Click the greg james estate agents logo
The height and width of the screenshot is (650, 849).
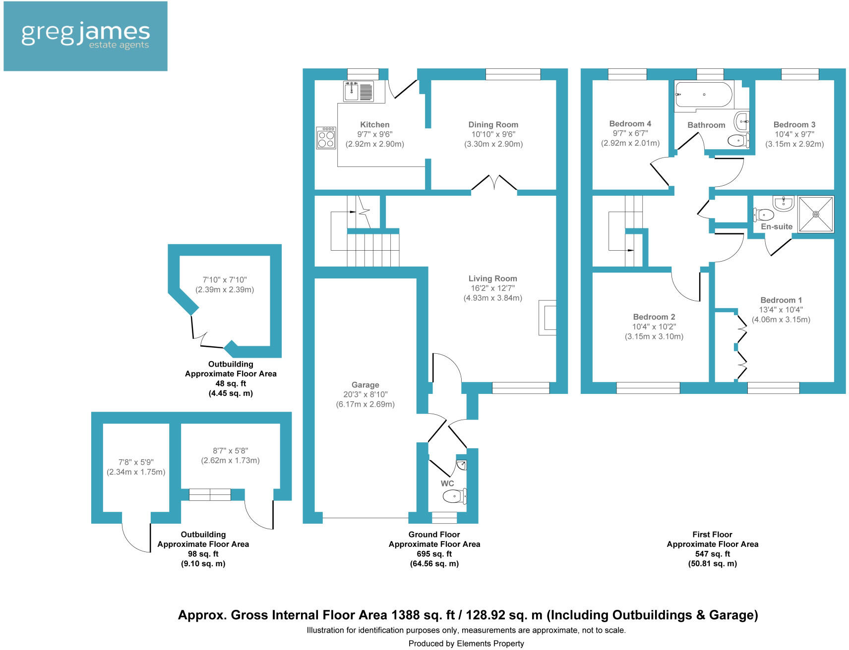coord(85,36)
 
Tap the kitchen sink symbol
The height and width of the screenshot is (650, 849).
coord(358,91)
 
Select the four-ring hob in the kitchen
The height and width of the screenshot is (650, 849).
coord(326,138)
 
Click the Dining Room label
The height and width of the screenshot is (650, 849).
coord(493,125)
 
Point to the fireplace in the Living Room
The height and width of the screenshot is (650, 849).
coord(547,318)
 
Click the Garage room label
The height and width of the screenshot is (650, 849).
coord(365,385)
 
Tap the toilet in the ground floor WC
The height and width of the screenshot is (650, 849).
coord(454,496)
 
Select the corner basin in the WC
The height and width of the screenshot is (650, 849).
coord(462,465)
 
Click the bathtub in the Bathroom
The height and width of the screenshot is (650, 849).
coord(704,94)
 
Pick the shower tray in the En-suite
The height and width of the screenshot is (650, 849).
coord(816,214)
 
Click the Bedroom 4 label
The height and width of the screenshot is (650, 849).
coord(630,124)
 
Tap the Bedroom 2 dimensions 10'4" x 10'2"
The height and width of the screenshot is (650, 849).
coord(654,327)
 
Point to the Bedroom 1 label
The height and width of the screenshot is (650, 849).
coord(781,300)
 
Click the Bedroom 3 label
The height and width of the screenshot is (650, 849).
coord(794,125)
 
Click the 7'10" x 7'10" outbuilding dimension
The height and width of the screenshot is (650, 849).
coord(224,280)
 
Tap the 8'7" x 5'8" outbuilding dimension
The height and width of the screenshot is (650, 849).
coord(230,451)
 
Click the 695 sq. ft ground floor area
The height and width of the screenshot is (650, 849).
coord(434,554)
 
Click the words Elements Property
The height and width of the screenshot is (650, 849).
coord(490,644)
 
